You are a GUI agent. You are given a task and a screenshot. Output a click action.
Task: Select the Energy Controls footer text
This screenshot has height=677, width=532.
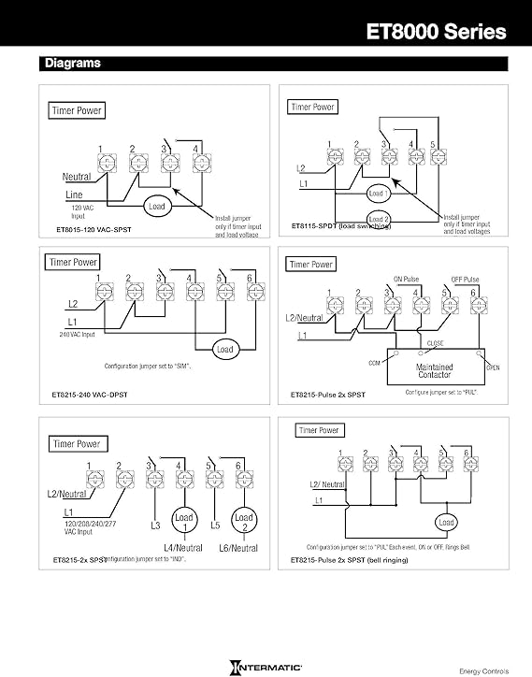pyautogui.click(x=483, y=670)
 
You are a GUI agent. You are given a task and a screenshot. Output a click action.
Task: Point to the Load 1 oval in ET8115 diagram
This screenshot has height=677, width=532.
pyautogui.click(x=379, y=193)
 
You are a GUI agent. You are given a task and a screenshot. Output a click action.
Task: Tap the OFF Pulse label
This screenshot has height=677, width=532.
pyautogui.click(x=464, y=280)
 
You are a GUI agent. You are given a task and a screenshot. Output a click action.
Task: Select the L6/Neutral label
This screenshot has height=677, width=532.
pyautogui.click(x=238, y=547)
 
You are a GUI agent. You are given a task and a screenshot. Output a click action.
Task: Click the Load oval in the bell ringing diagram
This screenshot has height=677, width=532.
pyautogui.click(x=446, y=522)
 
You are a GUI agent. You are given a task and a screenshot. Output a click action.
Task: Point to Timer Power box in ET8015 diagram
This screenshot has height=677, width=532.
pyautogui.click(x=78, y=110)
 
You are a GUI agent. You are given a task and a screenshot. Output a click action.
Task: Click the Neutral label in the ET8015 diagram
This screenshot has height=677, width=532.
pyautogui.click(x=77, y=177)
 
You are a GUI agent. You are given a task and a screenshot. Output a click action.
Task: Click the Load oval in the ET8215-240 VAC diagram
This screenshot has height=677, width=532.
pyautogui.click(x=224, y=350)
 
